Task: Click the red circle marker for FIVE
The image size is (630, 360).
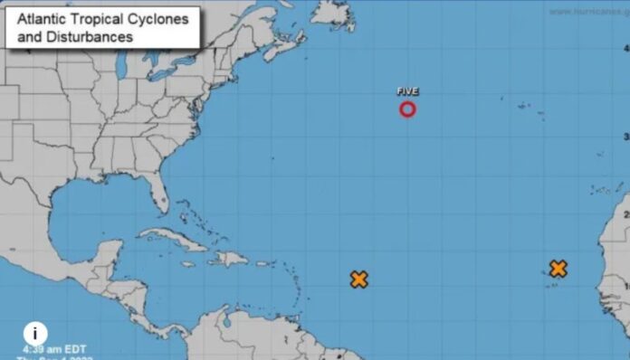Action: click(407, 109)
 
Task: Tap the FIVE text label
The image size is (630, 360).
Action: click(407, 91)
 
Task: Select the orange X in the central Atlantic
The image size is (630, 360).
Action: click(359, 279)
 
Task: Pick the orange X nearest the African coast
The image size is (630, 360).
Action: click(558, 269)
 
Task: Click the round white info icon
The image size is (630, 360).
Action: click(34, 333)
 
